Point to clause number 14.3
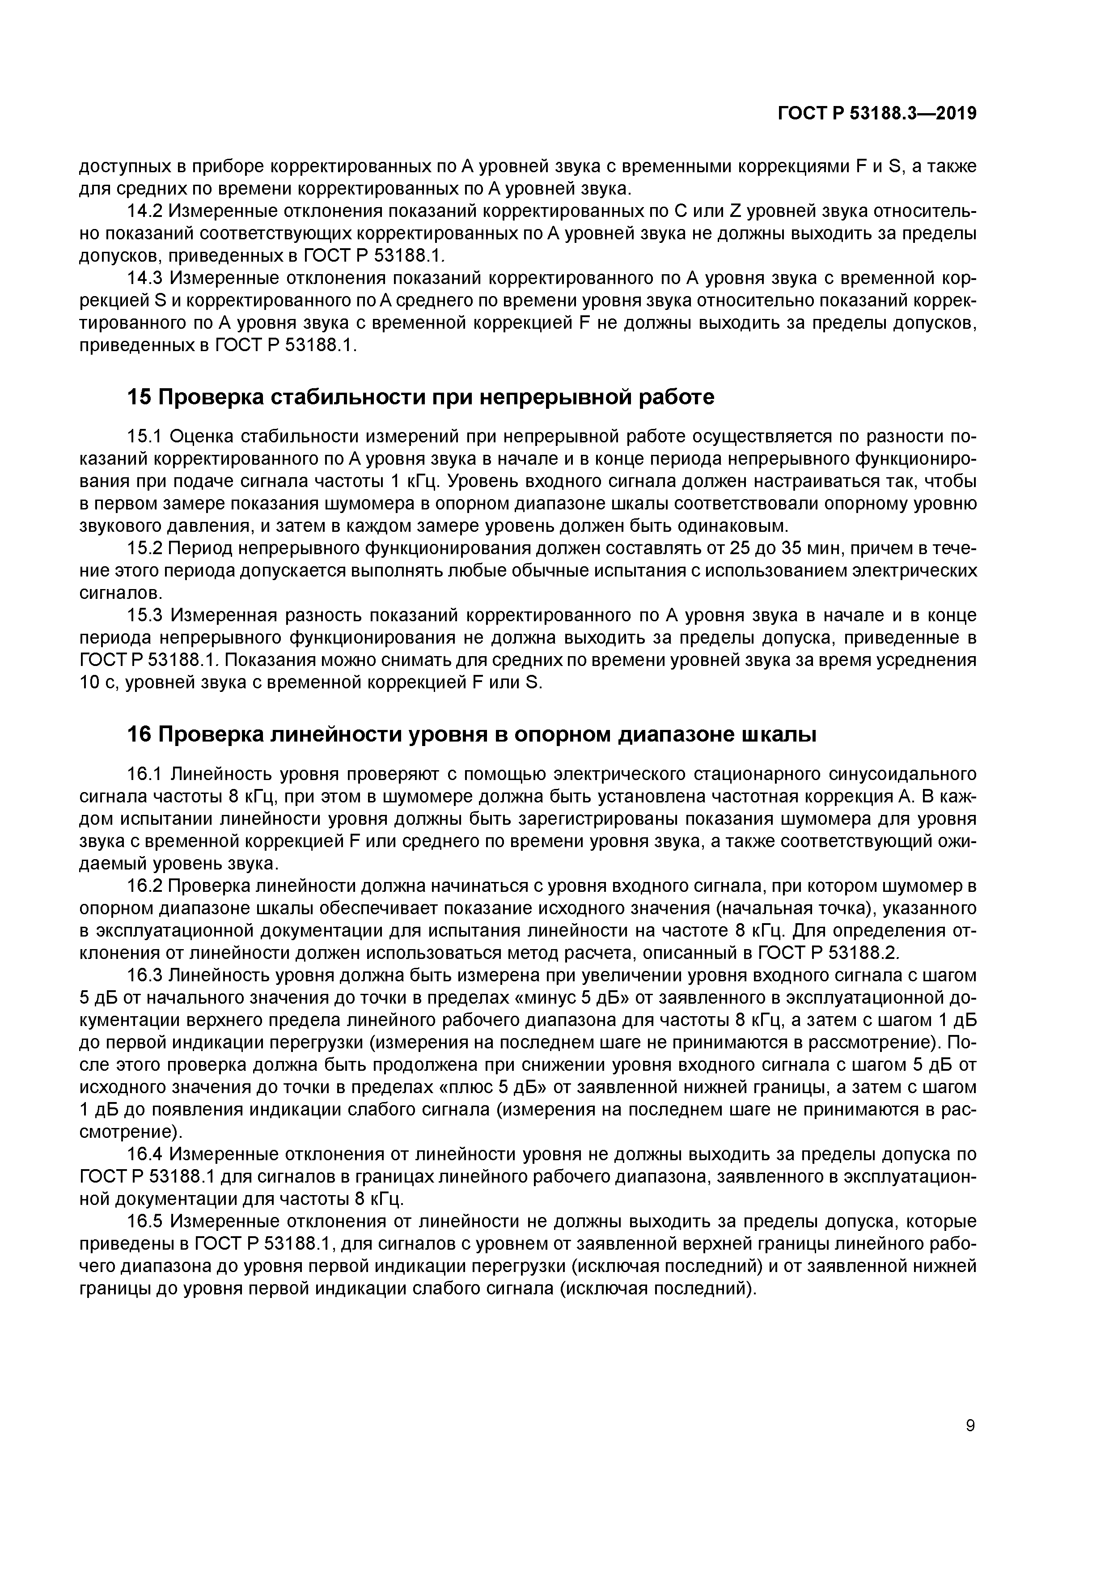(144, 278)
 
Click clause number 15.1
(144, 437)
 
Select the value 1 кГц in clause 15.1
(409, 482)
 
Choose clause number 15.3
(144, 616)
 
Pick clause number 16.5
(144, 1221)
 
